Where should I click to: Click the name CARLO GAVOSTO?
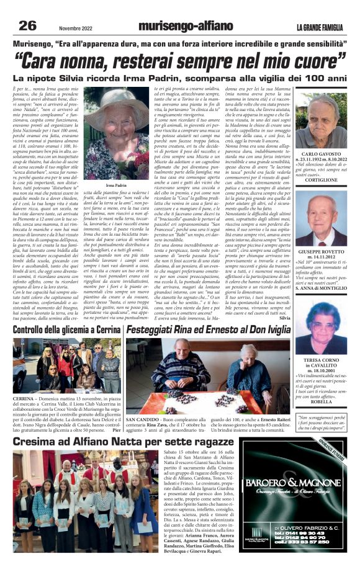[x=322, y=171]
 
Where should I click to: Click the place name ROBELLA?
[x=322, y=401]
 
